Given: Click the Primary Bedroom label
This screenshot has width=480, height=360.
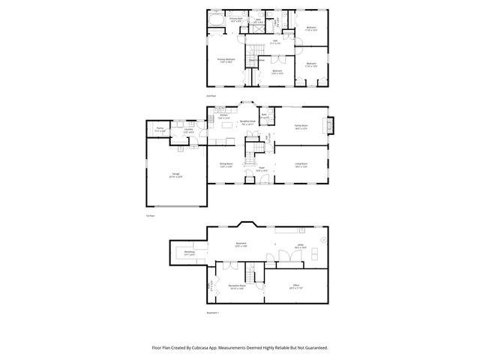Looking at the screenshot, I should [x=226, y=60].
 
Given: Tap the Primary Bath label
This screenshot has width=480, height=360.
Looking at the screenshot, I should [x=236, y=19].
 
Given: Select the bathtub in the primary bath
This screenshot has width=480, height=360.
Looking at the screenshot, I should [x=217, y=21].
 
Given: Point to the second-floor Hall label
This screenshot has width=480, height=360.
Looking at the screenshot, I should [x=274, y=42].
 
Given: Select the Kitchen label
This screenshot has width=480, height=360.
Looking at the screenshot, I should [x=224, y=116].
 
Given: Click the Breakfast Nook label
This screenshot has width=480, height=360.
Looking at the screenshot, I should [x=248, y=121].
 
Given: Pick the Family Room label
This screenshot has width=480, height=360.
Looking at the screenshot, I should [x=300, y=126].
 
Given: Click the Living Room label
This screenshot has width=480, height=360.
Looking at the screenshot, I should [x=300, y=164].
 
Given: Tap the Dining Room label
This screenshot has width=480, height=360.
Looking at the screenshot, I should [x=225, y=164].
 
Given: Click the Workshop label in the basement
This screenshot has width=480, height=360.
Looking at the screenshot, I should [x=190, y=253].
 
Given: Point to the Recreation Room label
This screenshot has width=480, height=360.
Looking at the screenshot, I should [x=238, y=286].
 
